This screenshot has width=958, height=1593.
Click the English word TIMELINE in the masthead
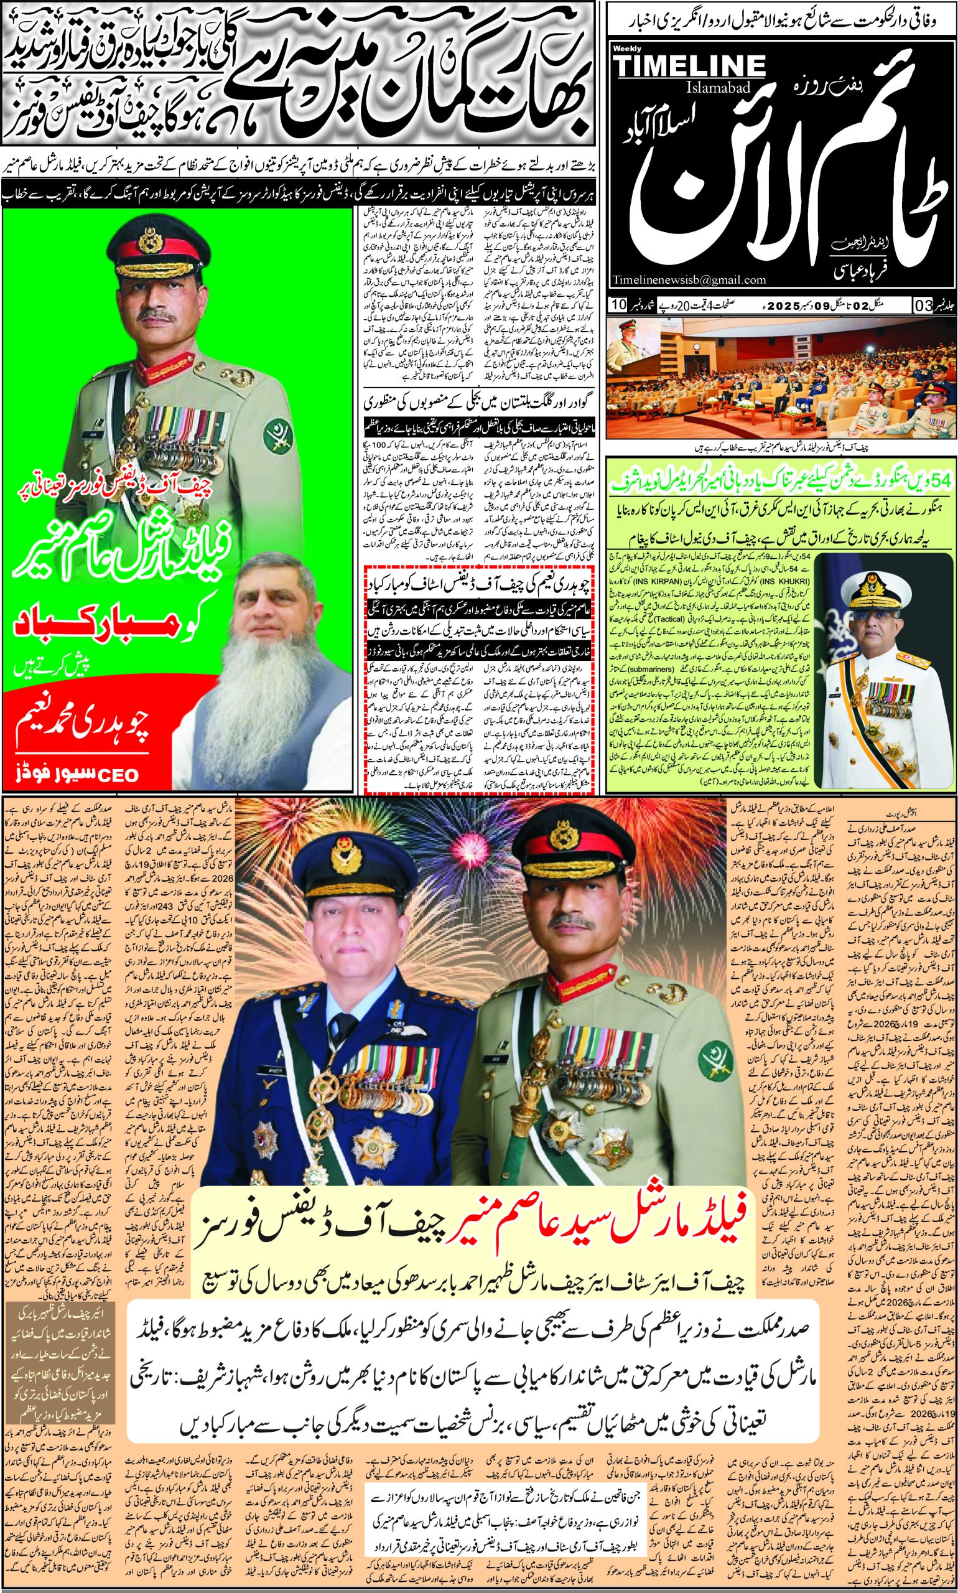click(689, 66)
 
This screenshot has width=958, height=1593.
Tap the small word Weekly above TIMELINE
click(623, 49)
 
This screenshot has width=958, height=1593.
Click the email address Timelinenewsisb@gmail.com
click(689, 279)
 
